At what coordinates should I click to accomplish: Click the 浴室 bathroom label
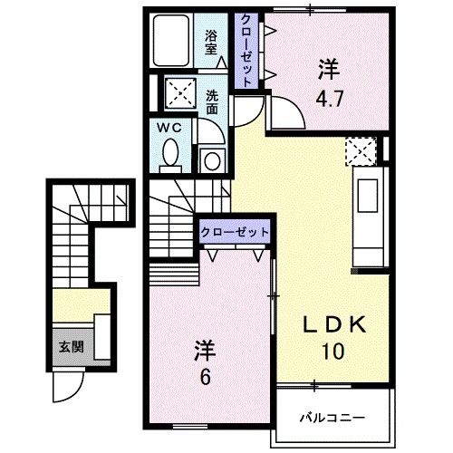pyautogui.click(x=212, y=43)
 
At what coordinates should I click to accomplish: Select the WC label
pyautogui.click(x=171, y=129)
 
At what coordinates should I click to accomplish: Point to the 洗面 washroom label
pyautogui.click(x=212, y=101)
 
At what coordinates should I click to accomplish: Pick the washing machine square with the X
pyautogui.click(x=175, y=92)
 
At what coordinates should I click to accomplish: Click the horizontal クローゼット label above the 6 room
pyautogui.click(x=235, y=231)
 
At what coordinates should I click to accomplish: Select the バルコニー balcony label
pyautogui.click(x=333, y=418)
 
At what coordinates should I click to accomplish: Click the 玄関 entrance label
pyautogui.click(x=69, y=346)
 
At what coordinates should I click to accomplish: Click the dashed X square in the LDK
pyautogui.click(x=359, y=149)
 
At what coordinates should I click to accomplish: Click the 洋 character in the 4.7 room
pyautogui.click(x=327, y=67)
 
